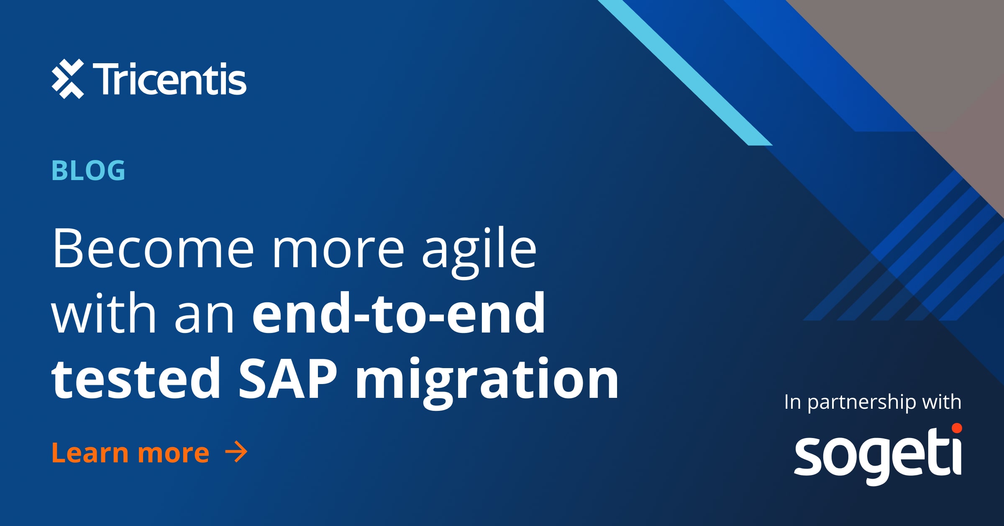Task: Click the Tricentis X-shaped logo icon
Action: [68, 79]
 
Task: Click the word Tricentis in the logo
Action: [169, 79]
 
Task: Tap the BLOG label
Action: [88, 170]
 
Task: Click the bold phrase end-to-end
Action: [399, 313]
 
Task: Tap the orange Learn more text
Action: [130, 453]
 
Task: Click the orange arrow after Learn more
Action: [236, 452]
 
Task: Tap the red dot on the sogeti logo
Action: [957, 428]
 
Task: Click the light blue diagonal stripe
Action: [686, 73]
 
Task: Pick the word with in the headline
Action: [104, 313]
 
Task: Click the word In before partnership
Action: [792, 402]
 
